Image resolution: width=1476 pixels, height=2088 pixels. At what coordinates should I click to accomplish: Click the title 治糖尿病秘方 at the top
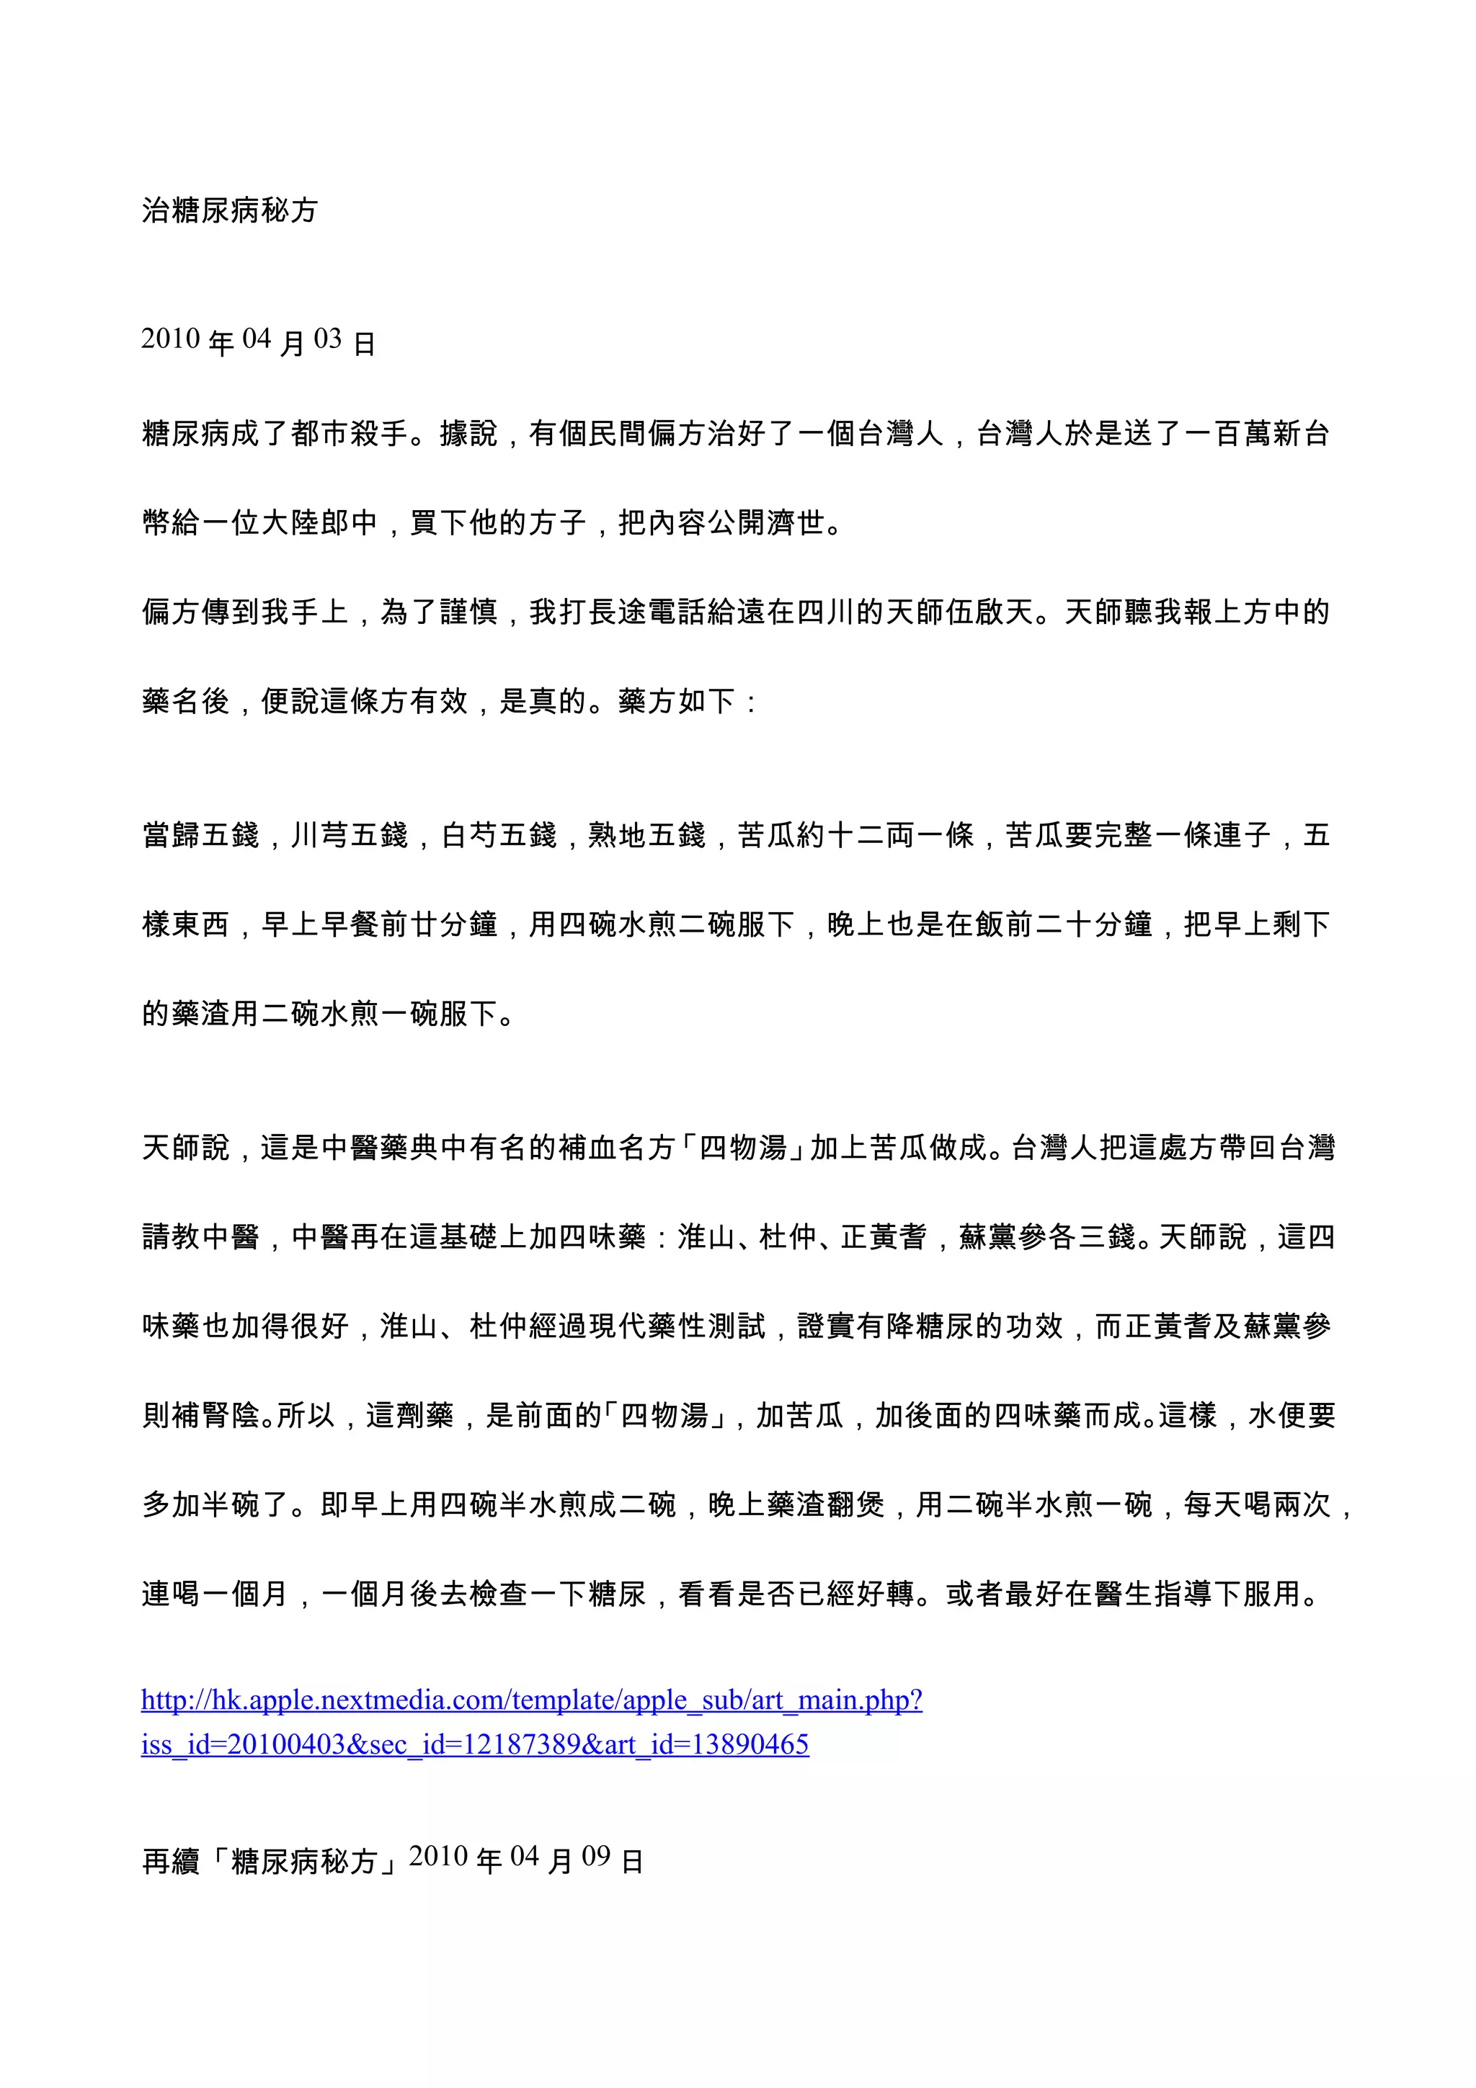point(229,211)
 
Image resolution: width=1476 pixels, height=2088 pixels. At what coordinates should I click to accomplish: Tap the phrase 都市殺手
point(350,434)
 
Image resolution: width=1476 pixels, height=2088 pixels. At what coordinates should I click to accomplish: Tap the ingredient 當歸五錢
point(201,835)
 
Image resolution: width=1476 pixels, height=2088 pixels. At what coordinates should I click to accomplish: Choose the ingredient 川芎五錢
point(350,835)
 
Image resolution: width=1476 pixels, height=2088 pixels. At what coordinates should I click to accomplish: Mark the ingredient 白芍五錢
point(498,835)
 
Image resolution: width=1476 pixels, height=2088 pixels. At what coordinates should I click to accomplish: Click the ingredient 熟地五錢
point(646,835)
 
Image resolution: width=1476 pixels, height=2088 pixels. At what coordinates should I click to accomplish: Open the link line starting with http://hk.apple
point(532,1700)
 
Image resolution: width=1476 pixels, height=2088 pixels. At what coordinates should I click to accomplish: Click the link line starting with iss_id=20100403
point(475,1744)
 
